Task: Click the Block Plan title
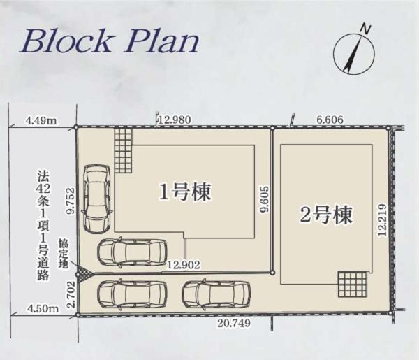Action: pyautogui.click(x=110, y=42)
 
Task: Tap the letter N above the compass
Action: pyautogui.click(x=366, y=29)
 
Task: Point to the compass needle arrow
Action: pyautogui.click(x=353, y=54)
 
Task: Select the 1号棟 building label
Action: pyautogui.click(x=185, y=192)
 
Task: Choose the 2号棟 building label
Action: pyautogui.click(x=326, y=215)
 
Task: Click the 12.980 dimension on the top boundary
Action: pyautogui.click(x=175, y=120)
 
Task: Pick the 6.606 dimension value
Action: pyautogui.click(x=330, y=120)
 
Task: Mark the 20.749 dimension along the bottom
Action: pyautogui.click(x=234, y=324)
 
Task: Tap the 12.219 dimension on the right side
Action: pyautogui.click(x=383, y=220)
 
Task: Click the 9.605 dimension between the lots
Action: pyautogui.click(x=265, y=199)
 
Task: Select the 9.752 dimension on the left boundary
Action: pyautogui.click(x=71, y=201)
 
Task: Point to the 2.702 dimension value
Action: pyautogui.click(x=71, y=294)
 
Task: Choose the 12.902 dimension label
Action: pyautogui.click(x=184, y=265)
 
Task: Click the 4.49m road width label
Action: pyautogui.click(x=41, y=121)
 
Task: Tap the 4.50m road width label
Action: pyautogui.click(x=43, y=308)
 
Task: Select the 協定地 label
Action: pyautogui.click(x=63, y=254)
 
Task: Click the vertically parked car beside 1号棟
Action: pyautogui.click(x=96, y=199)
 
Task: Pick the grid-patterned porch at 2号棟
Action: pyautogui.click(x=352, y=284)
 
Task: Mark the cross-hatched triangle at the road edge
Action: pyautogui.click(x=82, y=275)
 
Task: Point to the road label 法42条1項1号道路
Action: pyautogui.click(x=43, y=226)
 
